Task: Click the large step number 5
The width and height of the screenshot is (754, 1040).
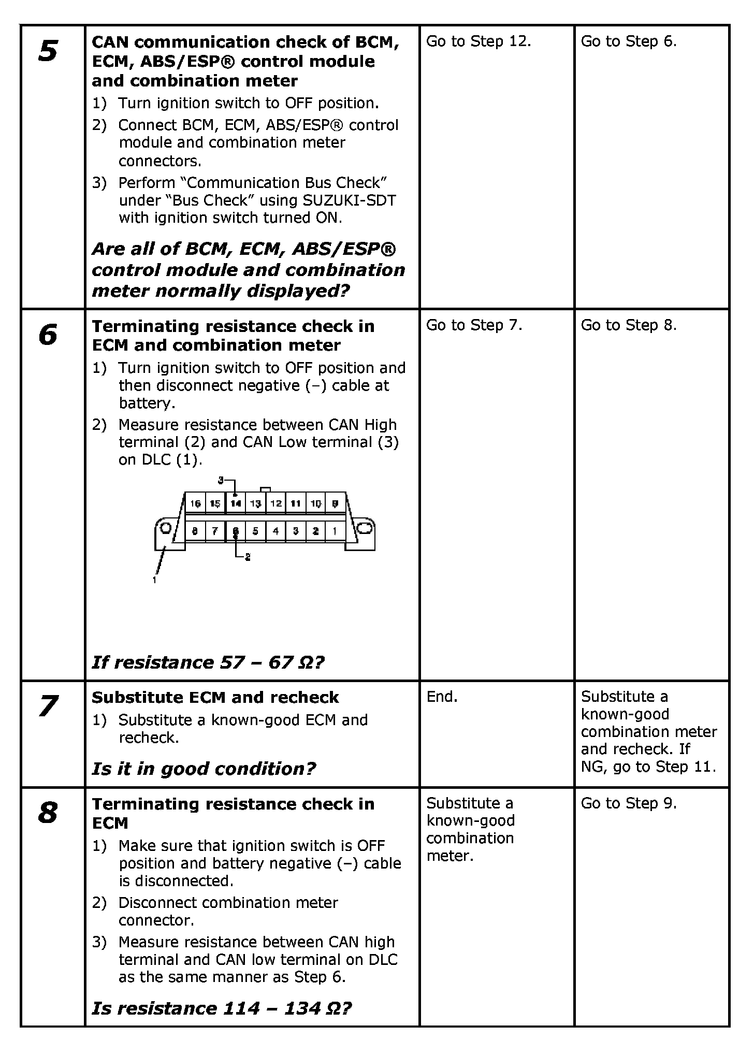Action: (48, 51)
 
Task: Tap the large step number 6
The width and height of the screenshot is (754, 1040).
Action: (48, 335)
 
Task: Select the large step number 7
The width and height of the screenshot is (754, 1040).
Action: (48, 706)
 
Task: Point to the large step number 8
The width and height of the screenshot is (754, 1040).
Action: (48, 813)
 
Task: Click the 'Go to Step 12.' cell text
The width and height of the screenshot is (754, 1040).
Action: (479, 41)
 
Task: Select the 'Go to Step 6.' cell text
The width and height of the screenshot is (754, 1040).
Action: (629, 41)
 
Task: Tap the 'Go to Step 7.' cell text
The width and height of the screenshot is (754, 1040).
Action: (474, 325)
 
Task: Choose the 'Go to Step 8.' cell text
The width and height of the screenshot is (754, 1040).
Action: (629, 325)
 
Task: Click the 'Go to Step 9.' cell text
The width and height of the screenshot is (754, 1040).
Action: (629, 803)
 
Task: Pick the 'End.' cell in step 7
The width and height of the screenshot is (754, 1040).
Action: (442, 697)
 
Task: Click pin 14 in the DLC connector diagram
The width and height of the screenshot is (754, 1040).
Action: (236, 503)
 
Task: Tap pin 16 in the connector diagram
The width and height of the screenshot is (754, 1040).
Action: (195, 503)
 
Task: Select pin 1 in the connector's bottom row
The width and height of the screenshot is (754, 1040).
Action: (335, 531)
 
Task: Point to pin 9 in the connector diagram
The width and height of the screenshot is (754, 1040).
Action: (335, 503)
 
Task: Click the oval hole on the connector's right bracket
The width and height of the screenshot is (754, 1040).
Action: (365, 528)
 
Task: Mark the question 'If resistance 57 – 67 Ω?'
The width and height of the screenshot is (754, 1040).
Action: (208, 662)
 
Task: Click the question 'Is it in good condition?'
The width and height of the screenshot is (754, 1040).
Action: (204, 769)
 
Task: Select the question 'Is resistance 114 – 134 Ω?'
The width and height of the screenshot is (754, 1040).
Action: (222, 1008)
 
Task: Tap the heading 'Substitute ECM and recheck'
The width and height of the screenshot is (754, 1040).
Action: (215, 698)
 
